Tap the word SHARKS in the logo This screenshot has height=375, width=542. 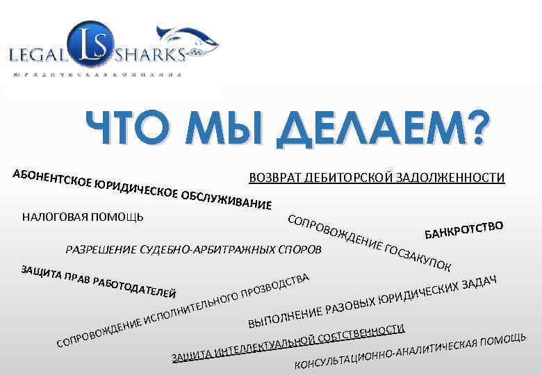[151, 56]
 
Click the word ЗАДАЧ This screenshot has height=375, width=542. [479, 281]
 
